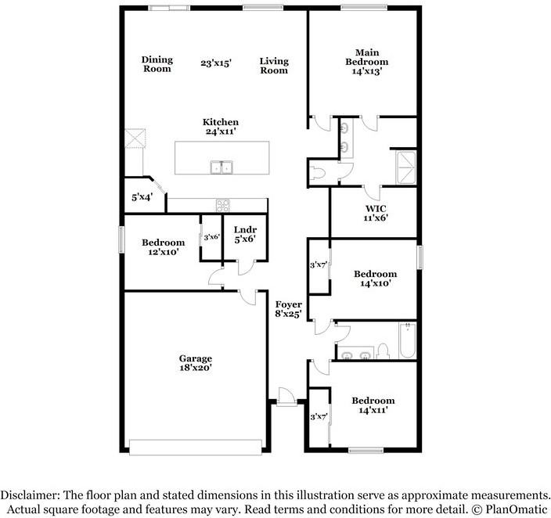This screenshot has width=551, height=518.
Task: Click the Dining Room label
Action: [157, 64]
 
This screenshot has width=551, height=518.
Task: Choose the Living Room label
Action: [274, 66]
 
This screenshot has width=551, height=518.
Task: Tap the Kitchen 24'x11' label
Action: [221, 127]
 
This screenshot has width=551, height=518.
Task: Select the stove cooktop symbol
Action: [223, 206]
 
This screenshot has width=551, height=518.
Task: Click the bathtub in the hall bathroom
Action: [405, 342]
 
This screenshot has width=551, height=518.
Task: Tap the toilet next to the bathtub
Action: [383, 349]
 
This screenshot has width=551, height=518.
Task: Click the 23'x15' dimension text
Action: [216, 63]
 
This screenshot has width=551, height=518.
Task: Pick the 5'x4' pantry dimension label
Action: [142, 198]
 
